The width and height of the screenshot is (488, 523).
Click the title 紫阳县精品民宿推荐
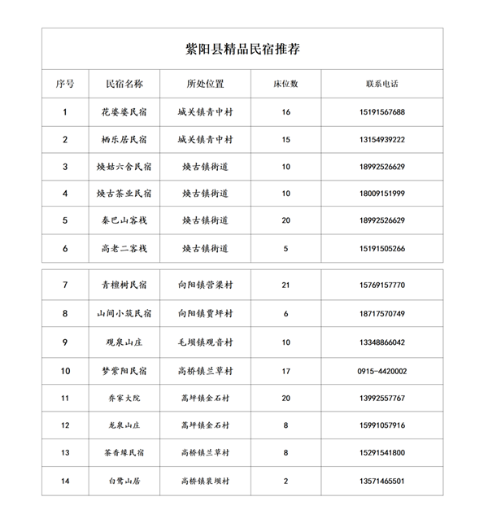(x=242, y=49)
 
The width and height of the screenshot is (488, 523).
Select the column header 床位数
(x=285, y=84)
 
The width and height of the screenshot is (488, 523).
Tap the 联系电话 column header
(x=381, y=84)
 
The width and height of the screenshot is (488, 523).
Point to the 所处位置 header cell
(x=205, y=84)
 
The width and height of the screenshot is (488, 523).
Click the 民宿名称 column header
(x=124, y=84)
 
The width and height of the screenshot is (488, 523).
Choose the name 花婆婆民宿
(x=124, y=112)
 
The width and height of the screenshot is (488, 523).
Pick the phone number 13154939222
(x=381, y=140)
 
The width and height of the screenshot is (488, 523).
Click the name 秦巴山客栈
(x=124, y=221)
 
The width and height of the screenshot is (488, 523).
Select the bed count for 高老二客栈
(x=285, y=249)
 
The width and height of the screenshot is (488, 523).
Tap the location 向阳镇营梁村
(x=205, y=285)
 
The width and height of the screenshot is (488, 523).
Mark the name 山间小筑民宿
(x=124, y=314)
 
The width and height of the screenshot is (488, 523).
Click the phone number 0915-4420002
(x=381, y=372)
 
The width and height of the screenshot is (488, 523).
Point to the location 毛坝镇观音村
(x=205, y=342)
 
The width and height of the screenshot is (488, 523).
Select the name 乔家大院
(x=124, y=398)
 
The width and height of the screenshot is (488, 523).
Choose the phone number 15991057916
(x=381, y=425)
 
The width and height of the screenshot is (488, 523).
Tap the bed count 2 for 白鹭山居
(x=285, y=482)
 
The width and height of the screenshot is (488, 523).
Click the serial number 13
(x=65, y=453)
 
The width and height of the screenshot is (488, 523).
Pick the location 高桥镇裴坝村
(x=205, y=482)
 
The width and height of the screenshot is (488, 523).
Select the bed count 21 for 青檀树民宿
(x=285, y=285)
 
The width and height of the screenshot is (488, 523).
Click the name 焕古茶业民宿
(x=124, y=194)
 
